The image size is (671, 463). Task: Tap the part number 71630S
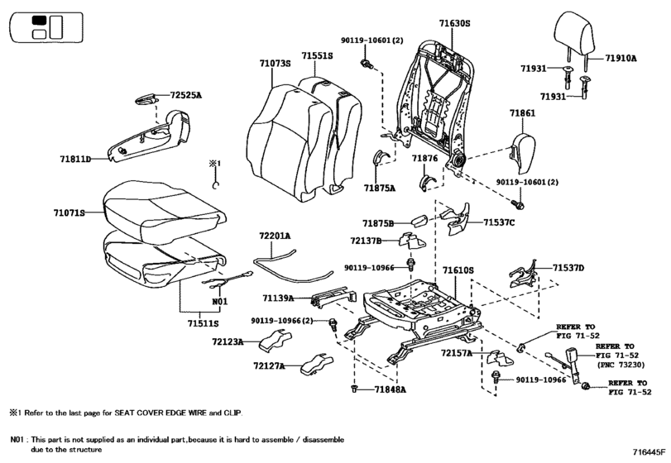(454, 23)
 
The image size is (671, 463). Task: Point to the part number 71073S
(275, 64)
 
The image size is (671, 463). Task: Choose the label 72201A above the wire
(275, 236)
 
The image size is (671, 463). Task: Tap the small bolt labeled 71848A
(354, 389)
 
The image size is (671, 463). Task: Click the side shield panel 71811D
(150, 136)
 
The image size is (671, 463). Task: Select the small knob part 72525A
(146, 98)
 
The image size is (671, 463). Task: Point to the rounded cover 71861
(523, 152)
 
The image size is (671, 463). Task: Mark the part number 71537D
(568, 268)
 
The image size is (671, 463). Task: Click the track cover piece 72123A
(276, 341)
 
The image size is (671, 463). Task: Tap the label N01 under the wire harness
(220, 302)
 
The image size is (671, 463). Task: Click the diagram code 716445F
(649, 451)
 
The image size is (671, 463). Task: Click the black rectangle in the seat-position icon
(40, 21)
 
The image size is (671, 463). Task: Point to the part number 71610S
(458, 270)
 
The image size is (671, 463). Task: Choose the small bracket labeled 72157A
(501, 357)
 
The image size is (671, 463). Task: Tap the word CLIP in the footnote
(232, 413)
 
